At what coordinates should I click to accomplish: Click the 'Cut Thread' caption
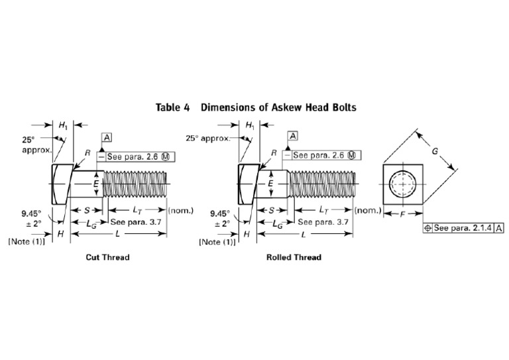107,257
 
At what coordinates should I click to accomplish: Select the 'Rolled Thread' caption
294,257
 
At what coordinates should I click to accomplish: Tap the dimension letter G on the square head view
434,151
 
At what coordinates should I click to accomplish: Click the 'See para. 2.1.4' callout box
462,228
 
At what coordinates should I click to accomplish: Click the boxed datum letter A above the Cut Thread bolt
107,137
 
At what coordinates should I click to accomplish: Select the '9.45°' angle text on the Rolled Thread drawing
219,213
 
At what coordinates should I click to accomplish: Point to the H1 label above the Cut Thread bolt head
63,125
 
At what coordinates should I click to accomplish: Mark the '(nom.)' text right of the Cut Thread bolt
180,211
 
